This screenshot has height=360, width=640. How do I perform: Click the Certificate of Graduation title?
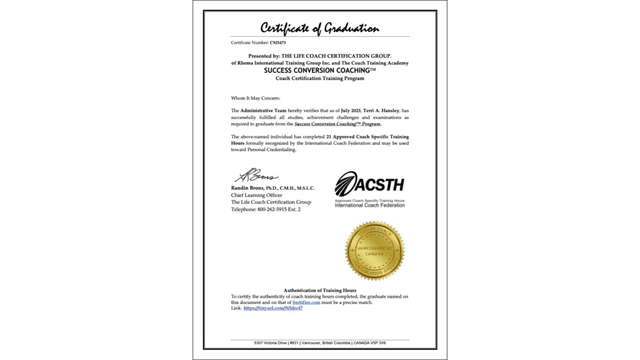point(319,28)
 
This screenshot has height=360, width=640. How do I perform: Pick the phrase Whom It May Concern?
point(255,98)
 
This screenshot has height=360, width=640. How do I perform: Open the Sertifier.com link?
point(306,302)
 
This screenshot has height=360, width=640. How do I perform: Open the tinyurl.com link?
point(273,308)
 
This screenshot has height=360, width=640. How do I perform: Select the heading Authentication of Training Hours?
point(320,290)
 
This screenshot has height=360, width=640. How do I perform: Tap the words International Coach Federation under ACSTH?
point(370,205)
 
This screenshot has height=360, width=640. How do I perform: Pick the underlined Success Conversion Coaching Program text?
point(338,124)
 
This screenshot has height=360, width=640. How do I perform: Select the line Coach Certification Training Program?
point(320,78)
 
